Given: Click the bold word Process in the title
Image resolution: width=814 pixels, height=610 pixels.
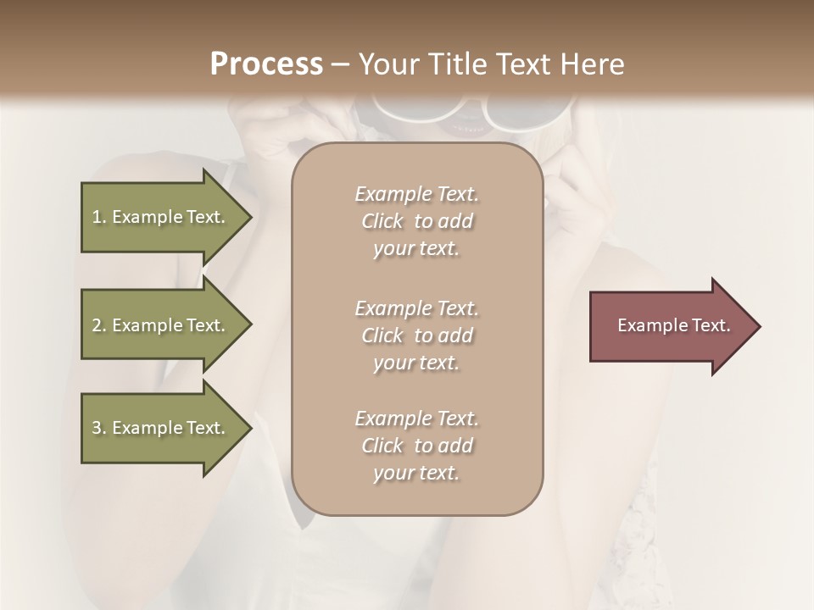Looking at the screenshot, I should (266, 64).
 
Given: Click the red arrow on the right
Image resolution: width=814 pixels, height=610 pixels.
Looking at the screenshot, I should (670, 326).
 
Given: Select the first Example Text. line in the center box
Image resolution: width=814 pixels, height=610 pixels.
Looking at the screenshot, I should (416, 194).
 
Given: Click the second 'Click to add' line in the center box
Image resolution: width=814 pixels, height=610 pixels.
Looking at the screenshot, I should (416, 335).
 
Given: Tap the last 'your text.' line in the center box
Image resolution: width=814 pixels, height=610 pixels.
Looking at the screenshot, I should (416, 473).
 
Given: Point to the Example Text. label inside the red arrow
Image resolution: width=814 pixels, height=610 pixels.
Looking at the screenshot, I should (673, 325).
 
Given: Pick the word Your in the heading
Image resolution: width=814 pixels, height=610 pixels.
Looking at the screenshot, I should (387, 64).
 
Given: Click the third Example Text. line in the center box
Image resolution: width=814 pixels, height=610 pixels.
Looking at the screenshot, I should (416, 419).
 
